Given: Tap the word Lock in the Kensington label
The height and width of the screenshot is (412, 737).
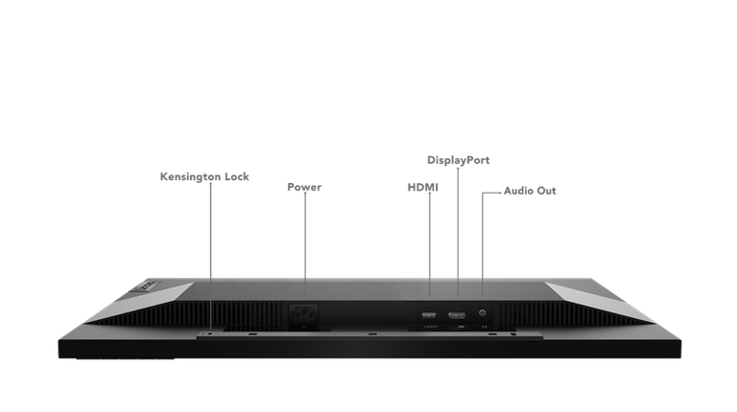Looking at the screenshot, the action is (237, 177).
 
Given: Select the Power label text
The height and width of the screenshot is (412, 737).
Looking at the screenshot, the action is (304, 187).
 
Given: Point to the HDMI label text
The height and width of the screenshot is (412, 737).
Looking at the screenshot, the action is (423, 188).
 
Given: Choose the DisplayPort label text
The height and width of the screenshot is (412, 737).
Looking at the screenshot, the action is (459, 160).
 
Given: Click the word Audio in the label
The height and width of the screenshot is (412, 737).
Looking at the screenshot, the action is (519, 191).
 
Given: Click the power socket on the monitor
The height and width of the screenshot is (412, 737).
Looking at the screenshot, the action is (303, 314).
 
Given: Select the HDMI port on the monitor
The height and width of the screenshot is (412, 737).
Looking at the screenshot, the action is (429, 315).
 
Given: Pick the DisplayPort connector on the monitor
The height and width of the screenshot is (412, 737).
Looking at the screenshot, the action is (457, 315).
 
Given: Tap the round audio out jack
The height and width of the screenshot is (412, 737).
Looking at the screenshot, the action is (482, 312).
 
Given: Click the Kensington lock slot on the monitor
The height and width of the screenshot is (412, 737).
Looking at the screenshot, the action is (209, 334).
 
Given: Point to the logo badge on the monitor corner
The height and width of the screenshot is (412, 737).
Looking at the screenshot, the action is (148, 286).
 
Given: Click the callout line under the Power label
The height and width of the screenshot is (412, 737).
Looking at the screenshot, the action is (305, 243).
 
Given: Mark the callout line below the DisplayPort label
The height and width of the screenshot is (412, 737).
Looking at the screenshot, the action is (458, 231).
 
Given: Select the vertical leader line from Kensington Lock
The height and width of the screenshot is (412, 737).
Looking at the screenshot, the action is (210, 256).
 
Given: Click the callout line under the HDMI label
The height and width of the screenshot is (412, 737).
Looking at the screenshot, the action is (430, 243).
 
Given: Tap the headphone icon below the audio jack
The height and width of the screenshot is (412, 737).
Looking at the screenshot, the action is (484, 327).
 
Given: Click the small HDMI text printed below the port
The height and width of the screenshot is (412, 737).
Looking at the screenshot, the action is (430, 327).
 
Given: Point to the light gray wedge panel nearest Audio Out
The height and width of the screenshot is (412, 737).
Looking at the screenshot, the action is (598, 300).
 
